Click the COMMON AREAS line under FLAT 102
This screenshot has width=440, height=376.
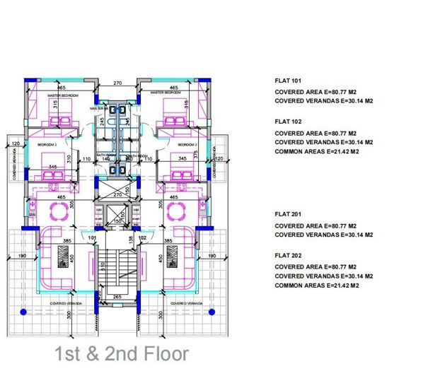pos(316,152)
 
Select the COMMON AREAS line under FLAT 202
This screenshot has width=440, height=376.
pos(316,285)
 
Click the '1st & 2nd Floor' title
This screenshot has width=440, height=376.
pos(122,353)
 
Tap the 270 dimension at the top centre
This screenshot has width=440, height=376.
pos(119,83)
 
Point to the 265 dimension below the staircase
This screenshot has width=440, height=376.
pos(117,298)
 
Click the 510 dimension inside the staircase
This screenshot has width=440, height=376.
pos(103,267)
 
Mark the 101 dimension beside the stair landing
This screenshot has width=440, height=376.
pos(92,238)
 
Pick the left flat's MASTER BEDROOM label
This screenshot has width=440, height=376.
pos(62,94)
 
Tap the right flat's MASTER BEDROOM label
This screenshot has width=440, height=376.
pos(167,93)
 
